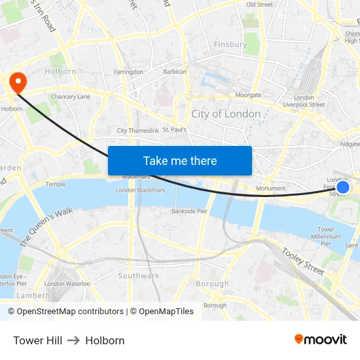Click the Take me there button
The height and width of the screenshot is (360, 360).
coord(180,160)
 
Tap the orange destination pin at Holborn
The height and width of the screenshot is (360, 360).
coord(17,82)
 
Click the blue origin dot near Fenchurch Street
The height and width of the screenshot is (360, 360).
coord(342,187)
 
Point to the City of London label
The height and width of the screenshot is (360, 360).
coord(226,114)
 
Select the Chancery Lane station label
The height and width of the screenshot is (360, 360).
coord(71,97)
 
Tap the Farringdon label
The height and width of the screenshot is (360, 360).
coord(128,72)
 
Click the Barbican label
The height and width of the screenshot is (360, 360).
coord(175,72)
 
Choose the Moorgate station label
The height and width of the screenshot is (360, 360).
coord(248,96)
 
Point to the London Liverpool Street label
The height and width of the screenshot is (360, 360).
coord(304,101)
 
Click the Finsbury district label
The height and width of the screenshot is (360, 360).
coord(230,45)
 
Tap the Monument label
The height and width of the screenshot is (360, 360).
coord(270,189)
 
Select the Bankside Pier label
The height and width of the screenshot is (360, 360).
coord(189,211)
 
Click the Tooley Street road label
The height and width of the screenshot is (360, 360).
coord(303,260)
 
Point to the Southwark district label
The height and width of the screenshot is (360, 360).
coord(139,276)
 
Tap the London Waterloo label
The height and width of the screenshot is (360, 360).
coord(67,283)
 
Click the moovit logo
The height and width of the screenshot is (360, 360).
coord(321,339)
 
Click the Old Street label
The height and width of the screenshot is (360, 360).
coord(259,5)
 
